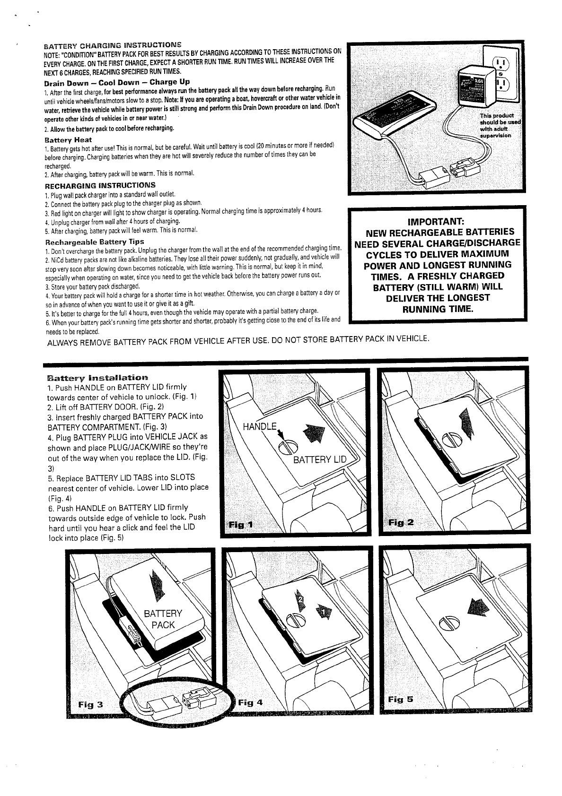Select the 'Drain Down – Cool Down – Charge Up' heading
click(117, 82)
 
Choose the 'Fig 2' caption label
click(401, 522)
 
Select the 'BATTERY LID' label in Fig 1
click(320, 460)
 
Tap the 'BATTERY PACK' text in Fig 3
click(163, 619)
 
